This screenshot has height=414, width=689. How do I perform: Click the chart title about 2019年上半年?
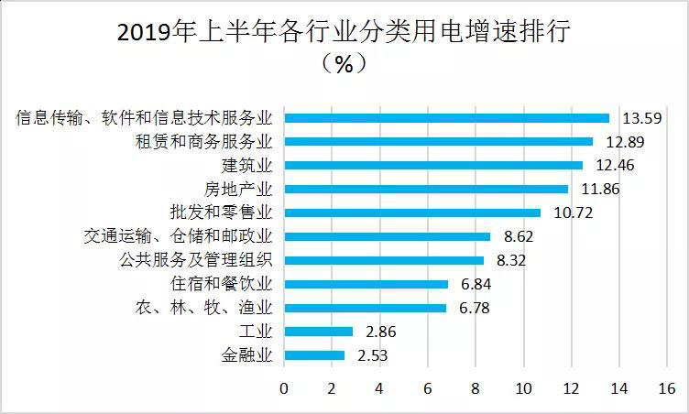click(344, 33)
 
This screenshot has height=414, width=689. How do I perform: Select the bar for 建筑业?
click(433, 166)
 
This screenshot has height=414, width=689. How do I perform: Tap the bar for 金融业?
click(314, 355)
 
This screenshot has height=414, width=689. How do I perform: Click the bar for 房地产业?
click(426, 190)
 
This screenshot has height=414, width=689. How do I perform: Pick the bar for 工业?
click(318, 332)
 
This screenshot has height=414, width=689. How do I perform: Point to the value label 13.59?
click(643, 118)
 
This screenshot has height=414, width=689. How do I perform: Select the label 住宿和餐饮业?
click(227, 284)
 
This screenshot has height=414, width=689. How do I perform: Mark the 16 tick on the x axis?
click(666, 388)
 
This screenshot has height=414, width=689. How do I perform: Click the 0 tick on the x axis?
click(284, 388)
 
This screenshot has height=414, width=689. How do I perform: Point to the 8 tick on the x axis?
click(475, 388)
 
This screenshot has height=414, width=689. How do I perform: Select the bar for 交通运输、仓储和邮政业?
click(387, 236)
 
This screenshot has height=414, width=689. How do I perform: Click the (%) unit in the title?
click(344, 64)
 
